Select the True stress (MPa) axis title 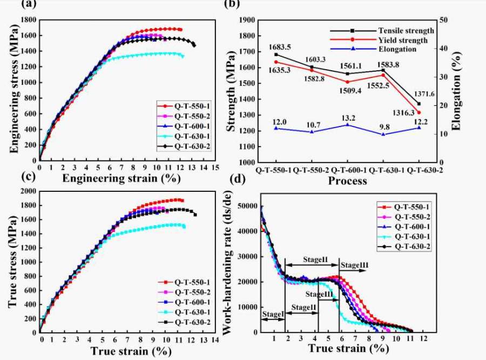[11, 261]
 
